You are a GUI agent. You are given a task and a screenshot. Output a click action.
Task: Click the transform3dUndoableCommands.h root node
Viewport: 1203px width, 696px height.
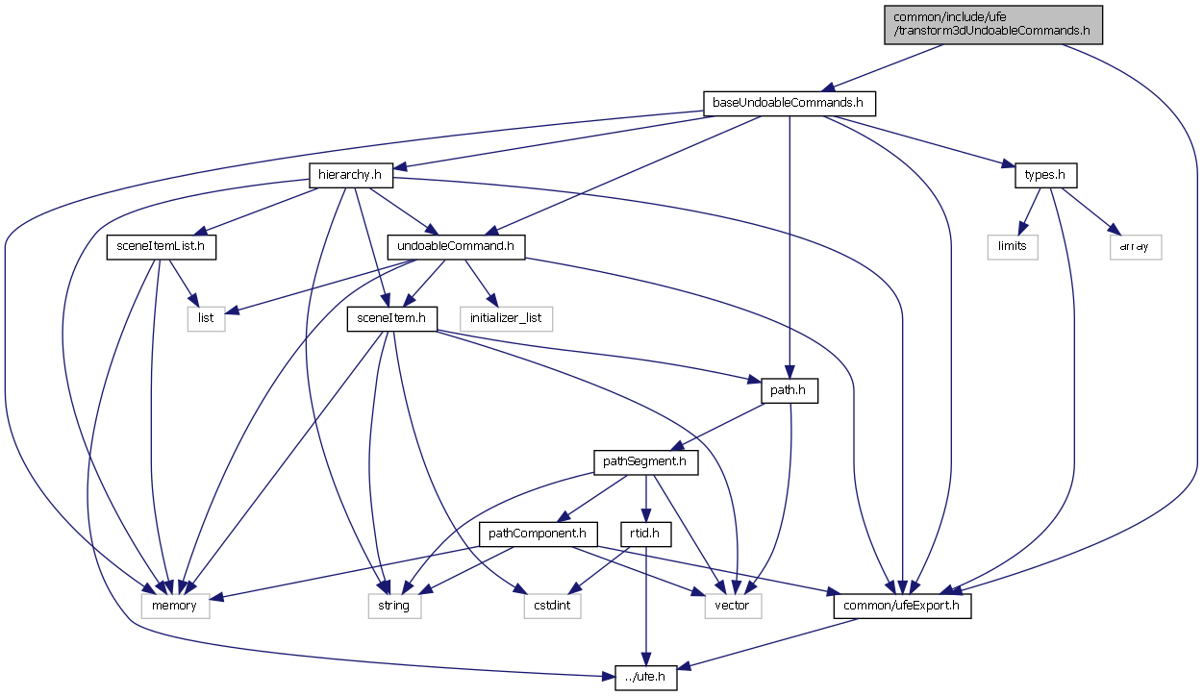click(993, 24)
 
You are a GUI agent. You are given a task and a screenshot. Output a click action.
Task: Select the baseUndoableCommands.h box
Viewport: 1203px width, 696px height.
click(789, 103)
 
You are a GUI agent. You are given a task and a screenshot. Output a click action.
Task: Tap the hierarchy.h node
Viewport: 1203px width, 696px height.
click(351, 175)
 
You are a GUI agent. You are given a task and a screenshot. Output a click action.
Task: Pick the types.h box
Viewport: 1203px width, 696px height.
click(1045, 175)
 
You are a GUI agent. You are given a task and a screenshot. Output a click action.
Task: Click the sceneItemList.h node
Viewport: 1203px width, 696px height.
click(161, 247)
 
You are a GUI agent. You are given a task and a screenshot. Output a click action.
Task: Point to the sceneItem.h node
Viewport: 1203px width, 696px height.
click(392, 318)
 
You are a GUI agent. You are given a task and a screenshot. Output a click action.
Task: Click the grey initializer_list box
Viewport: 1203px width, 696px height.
click(506, 318)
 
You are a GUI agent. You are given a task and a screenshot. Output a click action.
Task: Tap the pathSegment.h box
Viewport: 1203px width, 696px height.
click(645, 462)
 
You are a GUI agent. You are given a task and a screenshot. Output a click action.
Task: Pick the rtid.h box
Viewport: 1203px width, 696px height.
click(644, 534)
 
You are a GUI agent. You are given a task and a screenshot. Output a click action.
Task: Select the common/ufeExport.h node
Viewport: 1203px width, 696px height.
click(901, 606)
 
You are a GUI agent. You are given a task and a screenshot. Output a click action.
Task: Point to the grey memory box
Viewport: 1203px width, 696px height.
click(175, 606)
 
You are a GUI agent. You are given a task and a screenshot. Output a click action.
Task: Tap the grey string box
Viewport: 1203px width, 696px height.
click(394, 606)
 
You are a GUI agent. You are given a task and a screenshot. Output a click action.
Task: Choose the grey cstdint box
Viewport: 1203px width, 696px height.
click(552, 606)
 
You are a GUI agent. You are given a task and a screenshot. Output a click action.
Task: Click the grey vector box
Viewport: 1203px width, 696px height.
click(733, 606)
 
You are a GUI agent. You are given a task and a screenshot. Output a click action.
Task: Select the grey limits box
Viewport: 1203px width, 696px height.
click(1013, 246)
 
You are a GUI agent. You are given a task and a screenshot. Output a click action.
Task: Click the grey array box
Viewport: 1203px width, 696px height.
click(1134, 246)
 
